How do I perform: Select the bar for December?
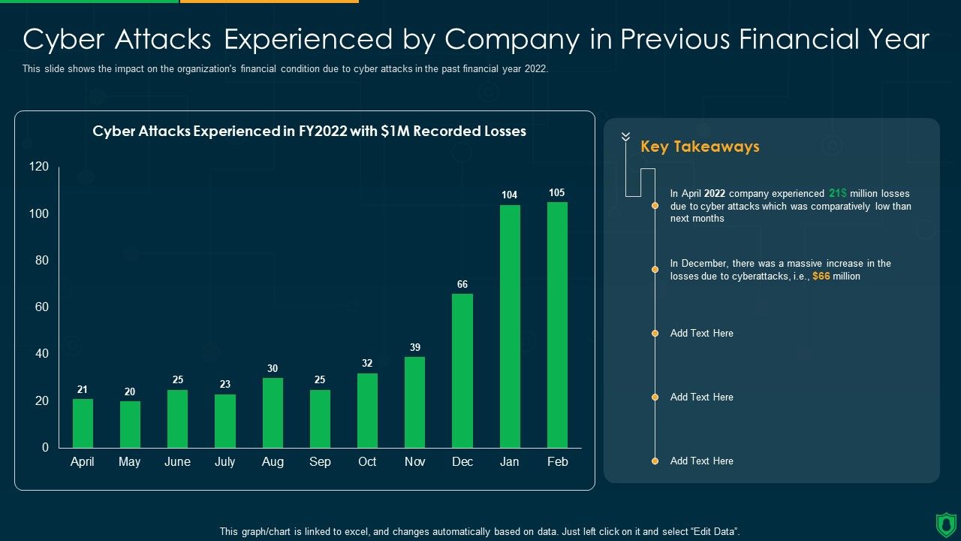click(462, 370)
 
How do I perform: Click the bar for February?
click(557, 325)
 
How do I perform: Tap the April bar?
click(83, 423)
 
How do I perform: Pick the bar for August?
click(273, 413)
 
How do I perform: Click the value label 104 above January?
click(510, 195)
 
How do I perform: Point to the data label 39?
click(415, 347)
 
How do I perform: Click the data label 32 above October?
click(367, 363)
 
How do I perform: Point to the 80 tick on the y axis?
click(39, 261)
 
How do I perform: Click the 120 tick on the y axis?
click(39, 167)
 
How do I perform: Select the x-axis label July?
click(225, 461)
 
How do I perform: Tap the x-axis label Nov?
click(415, 461)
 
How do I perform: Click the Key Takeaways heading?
click(700, 147)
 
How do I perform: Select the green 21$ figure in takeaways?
click(838, 193)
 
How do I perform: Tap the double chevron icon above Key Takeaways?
click(625, 137)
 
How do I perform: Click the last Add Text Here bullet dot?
click(655, 461)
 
